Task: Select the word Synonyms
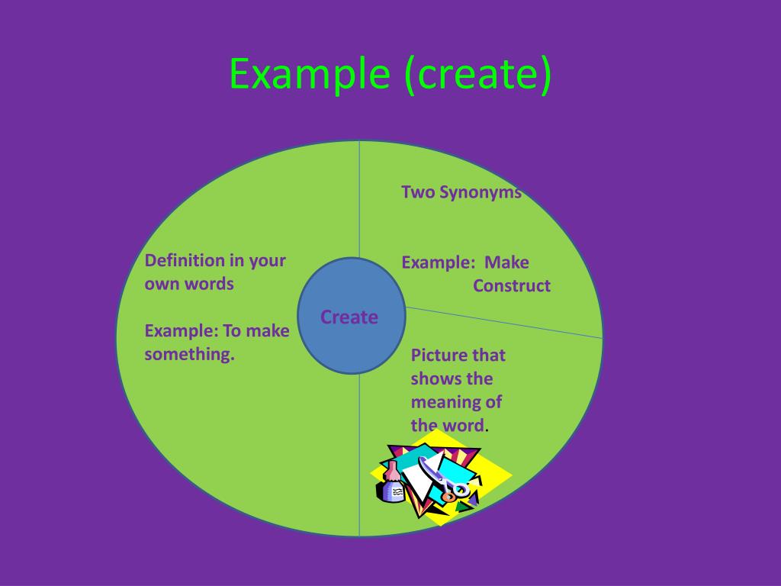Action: coord(485,192)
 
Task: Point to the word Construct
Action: coord(511,286)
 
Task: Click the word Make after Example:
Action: coord(507,262)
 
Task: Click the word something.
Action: coord(189,354)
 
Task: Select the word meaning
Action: coord(446,402)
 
